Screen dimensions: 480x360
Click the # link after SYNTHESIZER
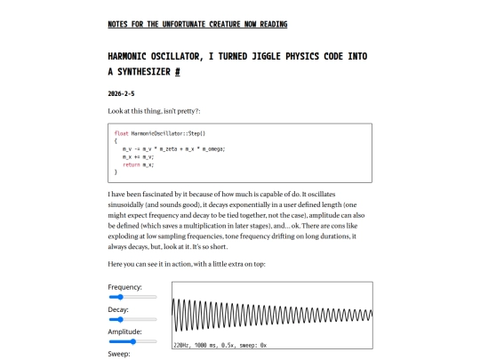click(x=177, y=71)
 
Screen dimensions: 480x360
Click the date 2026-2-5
click(x=124, y=92)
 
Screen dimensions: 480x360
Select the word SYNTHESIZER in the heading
click(x=140, y=71)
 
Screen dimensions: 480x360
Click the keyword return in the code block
click(x=131, y=164)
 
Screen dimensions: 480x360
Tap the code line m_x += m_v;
click(x=140, y=156)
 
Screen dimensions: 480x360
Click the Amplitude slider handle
click(x=132, y=341)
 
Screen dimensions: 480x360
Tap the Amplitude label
click(x=124, y=331)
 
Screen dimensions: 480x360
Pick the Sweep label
click(x=119, y=353)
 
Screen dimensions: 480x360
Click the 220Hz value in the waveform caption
click(x=181, y=344)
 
